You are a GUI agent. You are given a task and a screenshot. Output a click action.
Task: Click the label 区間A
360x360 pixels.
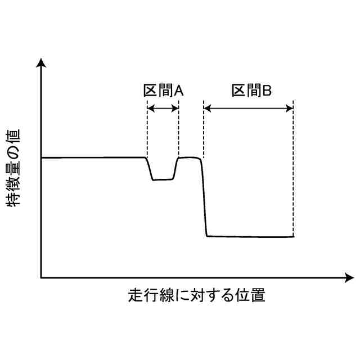coord(162,90)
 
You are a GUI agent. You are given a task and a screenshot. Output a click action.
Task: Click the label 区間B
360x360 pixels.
coord(251,90)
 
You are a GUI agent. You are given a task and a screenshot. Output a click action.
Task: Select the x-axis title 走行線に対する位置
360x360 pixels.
coord(196,295)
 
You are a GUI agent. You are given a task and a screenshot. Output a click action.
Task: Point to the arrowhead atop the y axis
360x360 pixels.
coord(41,62)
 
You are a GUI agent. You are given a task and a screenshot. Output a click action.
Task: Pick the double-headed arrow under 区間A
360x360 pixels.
coord(163,108)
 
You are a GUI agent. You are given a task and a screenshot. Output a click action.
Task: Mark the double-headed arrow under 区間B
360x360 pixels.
coord(249,108)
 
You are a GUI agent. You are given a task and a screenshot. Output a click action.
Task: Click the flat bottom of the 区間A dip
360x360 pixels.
coord(163,179)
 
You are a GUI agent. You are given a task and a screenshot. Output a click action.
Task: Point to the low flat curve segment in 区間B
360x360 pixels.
coord(250,236)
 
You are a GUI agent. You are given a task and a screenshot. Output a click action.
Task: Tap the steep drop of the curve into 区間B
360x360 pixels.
coord(204,197)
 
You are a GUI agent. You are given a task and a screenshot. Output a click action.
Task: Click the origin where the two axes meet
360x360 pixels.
coord(41,277)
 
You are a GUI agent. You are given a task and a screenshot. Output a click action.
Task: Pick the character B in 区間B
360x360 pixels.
coord(268,90)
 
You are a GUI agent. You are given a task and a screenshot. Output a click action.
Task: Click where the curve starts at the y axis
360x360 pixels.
coord(42,157)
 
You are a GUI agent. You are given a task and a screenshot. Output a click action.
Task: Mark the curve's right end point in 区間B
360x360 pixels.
coord(293,236)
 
